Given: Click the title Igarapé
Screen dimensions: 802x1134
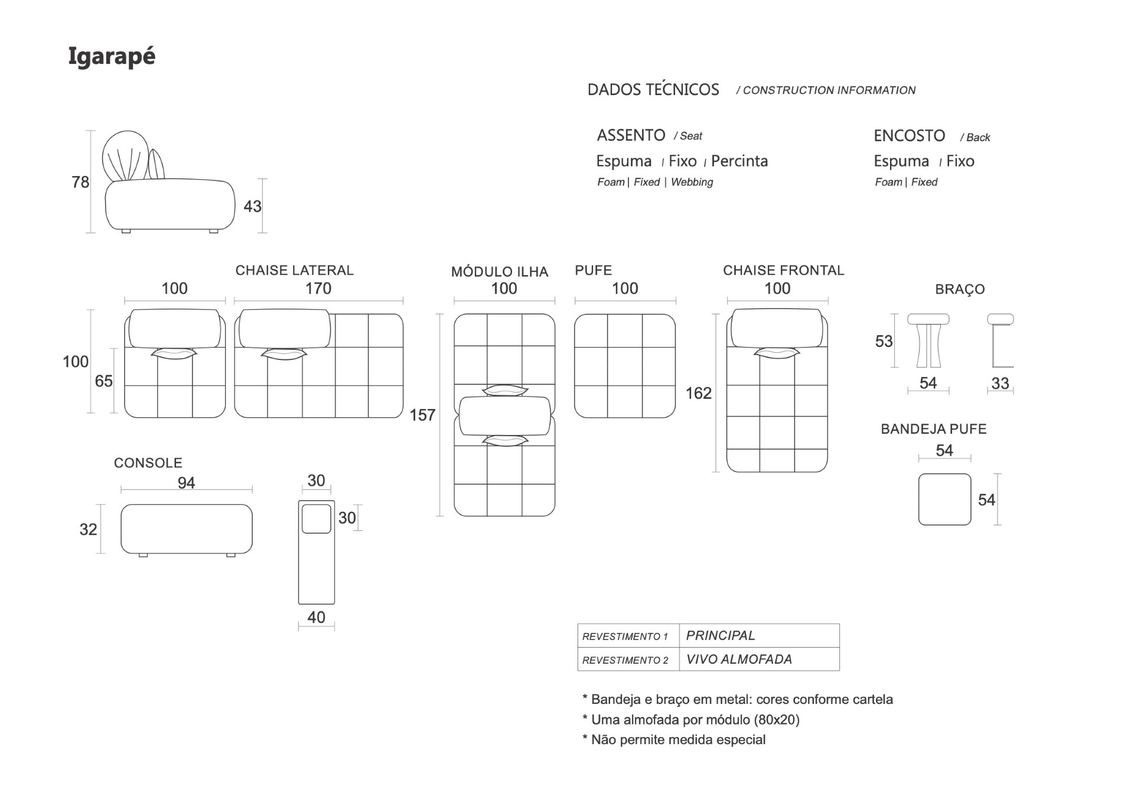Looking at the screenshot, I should tap(112, 57).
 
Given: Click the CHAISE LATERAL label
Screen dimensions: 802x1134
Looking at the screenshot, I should tap(294, 271).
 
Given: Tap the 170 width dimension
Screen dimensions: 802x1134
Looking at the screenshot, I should tap(318, 288).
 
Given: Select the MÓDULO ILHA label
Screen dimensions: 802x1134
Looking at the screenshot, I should tap(500, 272).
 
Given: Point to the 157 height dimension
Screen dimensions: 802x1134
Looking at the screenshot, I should tap(422, 415).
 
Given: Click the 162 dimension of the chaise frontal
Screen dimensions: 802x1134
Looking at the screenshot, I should tap(698, 393).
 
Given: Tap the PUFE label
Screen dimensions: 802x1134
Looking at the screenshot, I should tap(593, 271).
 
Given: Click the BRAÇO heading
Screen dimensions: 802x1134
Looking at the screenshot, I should tap(960, 290).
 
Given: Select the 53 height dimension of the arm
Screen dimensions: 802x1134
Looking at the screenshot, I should tap(884, 342).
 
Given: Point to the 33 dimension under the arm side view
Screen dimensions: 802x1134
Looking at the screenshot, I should tap(1000, 383).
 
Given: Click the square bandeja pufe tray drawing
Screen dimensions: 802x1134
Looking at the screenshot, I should tap(944, 499).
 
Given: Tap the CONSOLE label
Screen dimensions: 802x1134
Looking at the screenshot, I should tap(148, 463).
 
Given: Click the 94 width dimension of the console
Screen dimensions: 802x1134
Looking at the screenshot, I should tap(186, 483).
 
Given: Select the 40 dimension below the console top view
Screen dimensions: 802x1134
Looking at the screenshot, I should tap(316, 617).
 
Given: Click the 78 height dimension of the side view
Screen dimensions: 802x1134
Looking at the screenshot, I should tap(80, 182).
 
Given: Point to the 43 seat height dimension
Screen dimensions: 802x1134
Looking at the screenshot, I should tap(252, 206).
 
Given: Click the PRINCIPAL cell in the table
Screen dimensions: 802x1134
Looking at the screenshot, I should tap(721, 636).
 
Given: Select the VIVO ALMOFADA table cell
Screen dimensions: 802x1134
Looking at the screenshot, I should tap(739, 660).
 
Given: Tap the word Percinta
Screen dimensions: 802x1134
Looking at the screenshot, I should tap(739, 161).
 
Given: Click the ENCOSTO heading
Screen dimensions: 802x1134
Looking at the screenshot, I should tap(909, 136).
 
